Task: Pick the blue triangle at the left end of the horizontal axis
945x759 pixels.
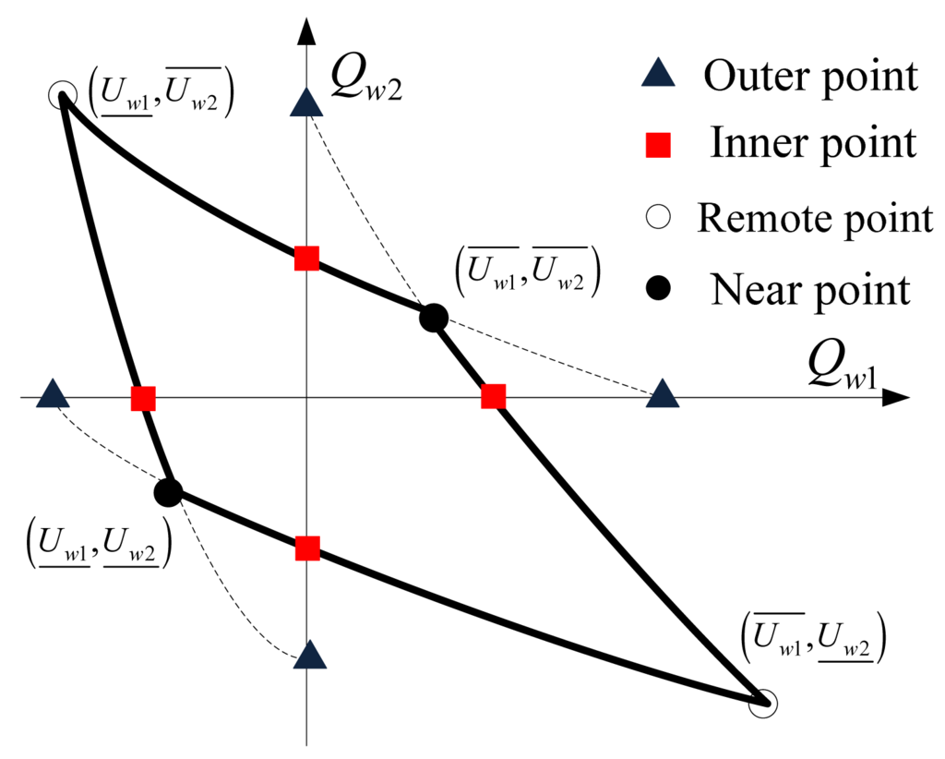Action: pos(54,394)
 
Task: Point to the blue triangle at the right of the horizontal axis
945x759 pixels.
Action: pos(663,394)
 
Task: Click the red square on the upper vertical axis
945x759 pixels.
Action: pos(307,259)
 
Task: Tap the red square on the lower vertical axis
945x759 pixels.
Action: pos(307,549)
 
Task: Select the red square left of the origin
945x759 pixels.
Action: pos(143,399)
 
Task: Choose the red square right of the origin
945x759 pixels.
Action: pos(494,397)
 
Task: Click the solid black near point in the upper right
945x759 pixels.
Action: pos(433,319)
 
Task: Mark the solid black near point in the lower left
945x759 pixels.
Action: pos(168,492)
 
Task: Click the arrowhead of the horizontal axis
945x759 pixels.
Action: pos(897,399)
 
